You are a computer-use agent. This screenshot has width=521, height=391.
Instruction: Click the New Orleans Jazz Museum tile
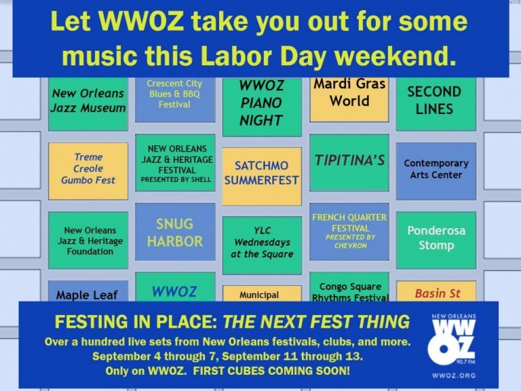(88, 104)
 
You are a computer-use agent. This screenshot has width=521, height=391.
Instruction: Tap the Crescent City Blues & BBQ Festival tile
(175, 99)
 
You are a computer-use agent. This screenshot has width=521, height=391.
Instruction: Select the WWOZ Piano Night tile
(262, 107)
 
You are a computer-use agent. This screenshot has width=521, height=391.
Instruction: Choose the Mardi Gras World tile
(349, 99)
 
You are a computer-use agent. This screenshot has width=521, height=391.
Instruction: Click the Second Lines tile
(436, 104)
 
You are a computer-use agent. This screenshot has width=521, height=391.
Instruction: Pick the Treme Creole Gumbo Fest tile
(88, 171)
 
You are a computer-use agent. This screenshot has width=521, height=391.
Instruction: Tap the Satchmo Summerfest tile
(262, 176)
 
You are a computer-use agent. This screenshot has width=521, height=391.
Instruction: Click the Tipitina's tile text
(349, 161)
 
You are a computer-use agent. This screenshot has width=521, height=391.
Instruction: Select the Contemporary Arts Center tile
(436, 171)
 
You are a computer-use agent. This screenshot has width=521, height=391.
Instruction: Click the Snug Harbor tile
(175, 231)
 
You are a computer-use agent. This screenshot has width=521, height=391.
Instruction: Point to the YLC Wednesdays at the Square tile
(262, 245)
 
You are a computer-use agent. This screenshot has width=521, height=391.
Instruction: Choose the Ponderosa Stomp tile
(436, 240)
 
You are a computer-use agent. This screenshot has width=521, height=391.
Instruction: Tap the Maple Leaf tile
(88, 291)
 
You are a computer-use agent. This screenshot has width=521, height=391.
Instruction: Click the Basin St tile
(436, 291)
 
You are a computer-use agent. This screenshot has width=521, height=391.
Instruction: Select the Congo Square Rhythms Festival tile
(349, 287)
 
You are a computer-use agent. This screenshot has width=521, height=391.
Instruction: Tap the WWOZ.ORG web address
(454, 375)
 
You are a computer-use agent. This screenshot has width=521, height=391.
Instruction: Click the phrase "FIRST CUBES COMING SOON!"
(271, 371)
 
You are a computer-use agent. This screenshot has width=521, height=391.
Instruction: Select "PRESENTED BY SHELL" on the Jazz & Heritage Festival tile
(176, 179)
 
